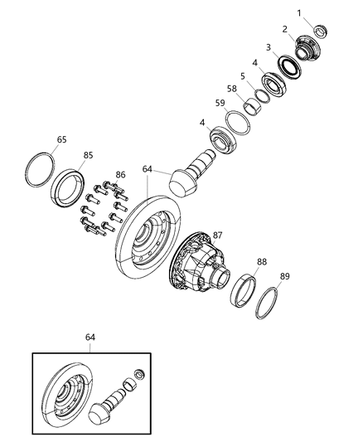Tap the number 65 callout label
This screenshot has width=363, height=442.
pyautogui.click(x=62, y=140)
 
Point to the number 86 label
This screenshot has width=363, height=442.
pyautogui.click(x=120, y=175)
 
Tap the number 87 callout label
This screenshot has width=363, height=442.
pyautogui.click(x=219, y=236)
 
